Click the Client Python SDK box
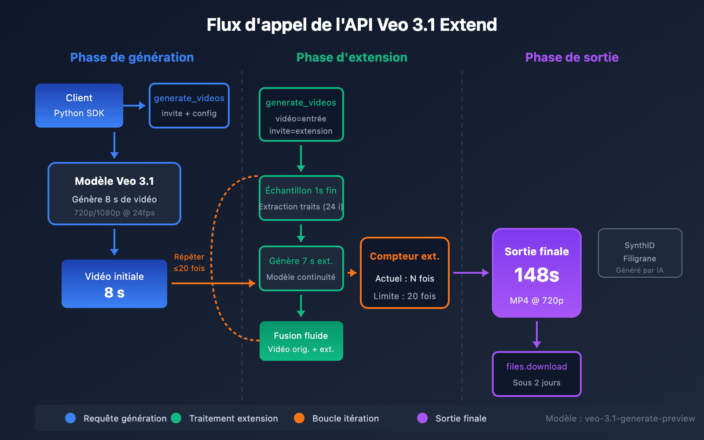tap(79, 106)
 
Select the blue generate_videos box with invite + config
tap(189, 106)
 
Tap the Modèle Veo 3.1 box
tap(114, 194)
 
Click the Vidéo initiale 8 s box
tap(114, 284)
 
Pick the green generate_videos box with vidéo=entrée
tap(301, 114)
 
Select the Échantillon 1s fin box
tap(301, 198)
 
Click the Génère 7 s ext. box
tap(301, 268)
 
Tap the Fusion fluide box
tap(301, 341)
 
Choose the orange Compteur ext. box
tap(404, 273)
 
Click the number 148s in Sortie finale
tap(536, 275)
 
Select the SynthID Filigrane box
tap(640, 253)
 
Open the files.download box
tap(536, 374)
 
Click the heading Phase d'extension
tap(352, 57)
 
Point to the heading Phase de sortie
tap(572, 57)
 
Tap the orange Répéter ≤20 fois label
tap(189, 263)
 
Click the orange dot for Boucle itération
tap(299, 418)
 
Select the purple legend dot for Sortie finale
tap(422, 418)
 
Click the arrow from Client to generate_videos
tap(134, 106)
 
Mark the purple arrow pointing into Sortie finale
tap(471, 273)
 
